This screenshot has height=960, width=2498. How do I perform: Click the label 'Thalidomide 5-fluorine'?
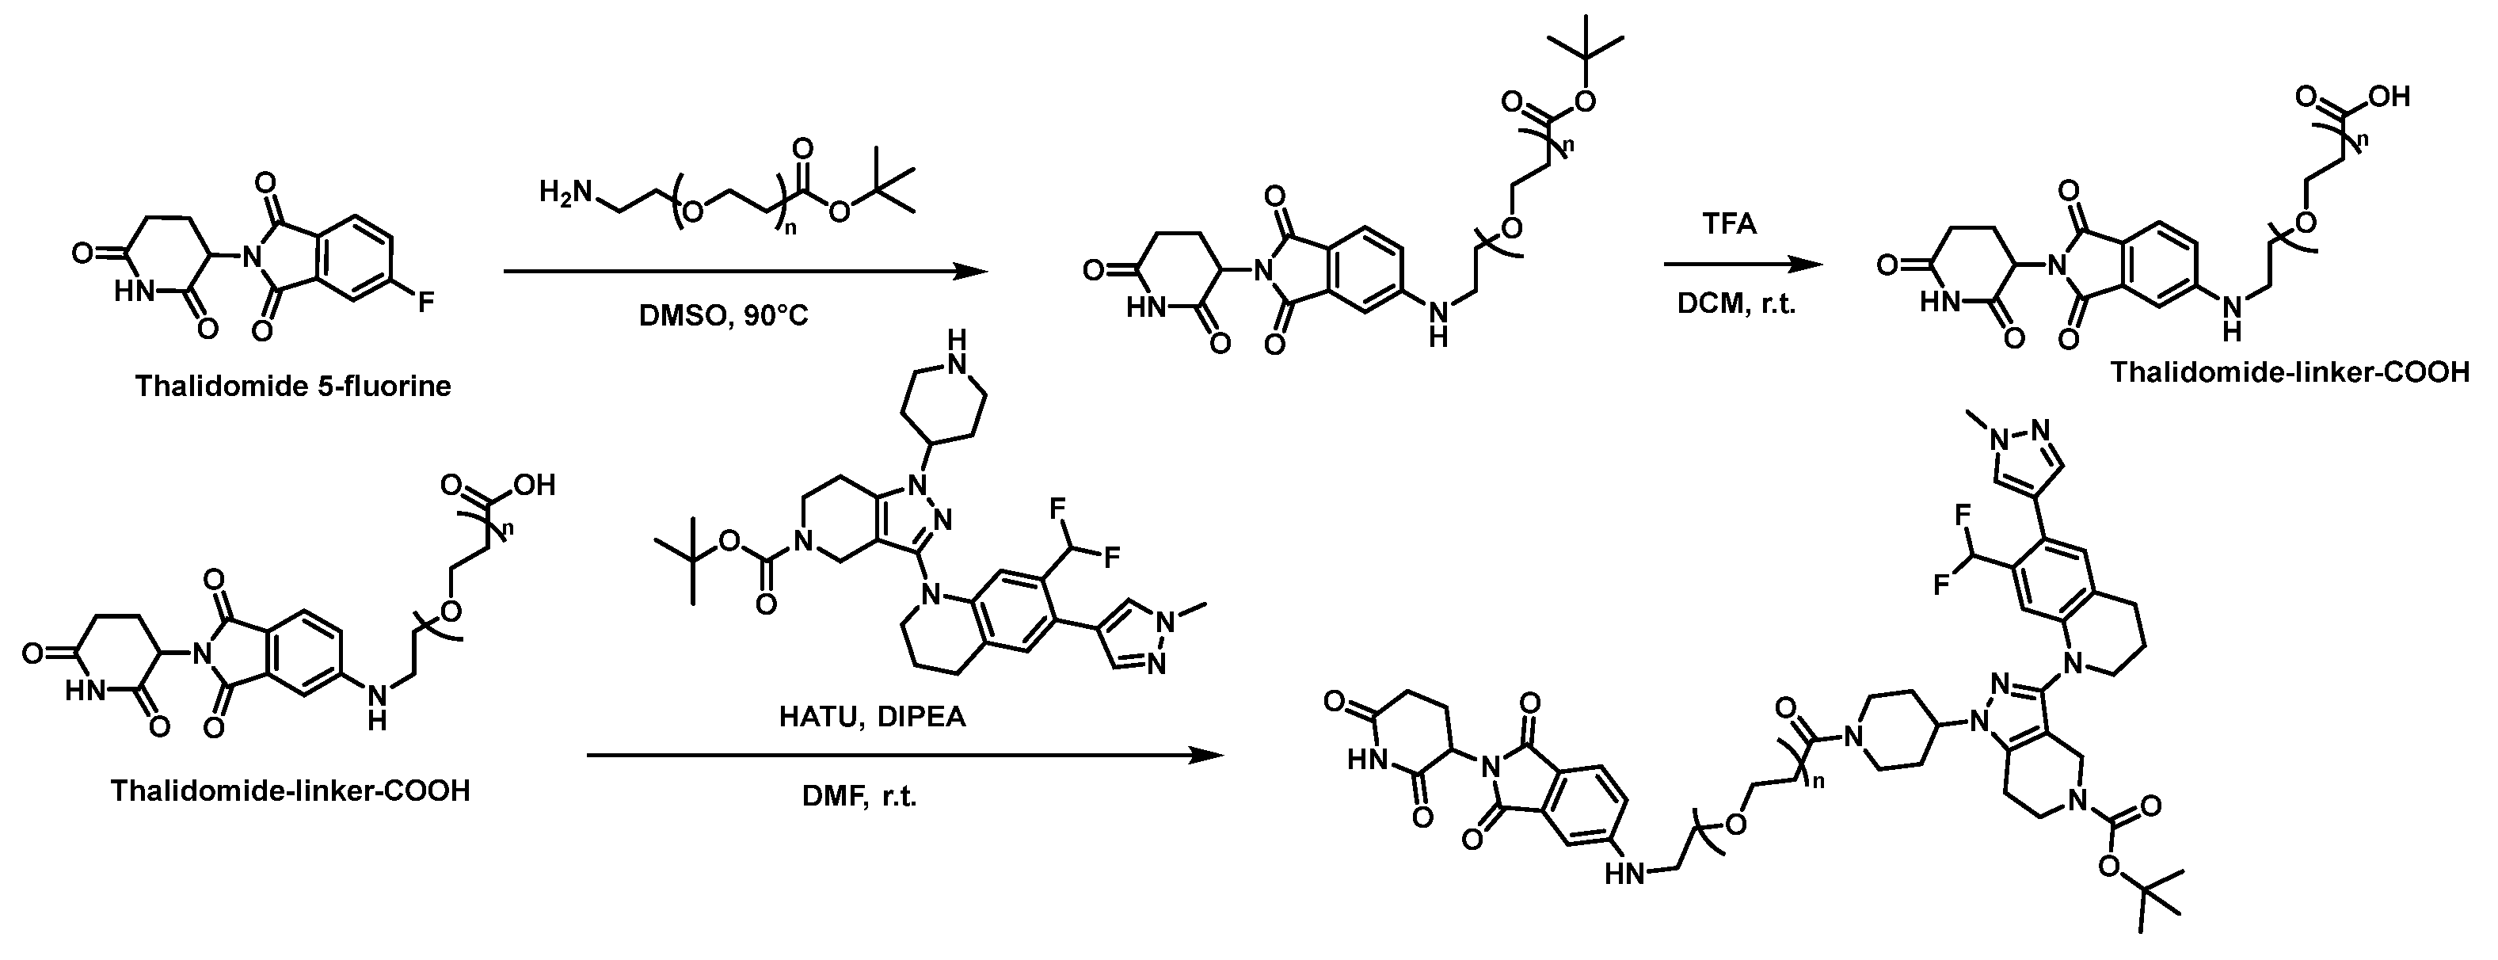click(293, 387)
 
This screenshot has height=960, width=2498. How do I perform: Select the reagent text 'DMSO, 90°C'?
click(723, 317)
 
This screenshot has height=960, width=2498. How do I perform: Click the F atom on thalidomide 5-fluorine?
click(426, 304)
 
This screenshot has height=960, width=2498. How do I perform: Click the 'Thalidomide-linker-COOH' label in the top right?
click(2290, 372)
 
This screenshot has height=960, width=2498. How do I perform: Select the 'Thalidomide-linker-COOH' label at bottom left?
click(290, 791)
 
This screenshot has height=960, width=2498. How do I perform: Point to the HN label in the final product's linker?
click(1625, 874)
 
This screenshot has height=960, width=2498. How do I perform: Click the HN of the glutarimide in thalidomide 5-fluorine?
click(135, 291)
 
